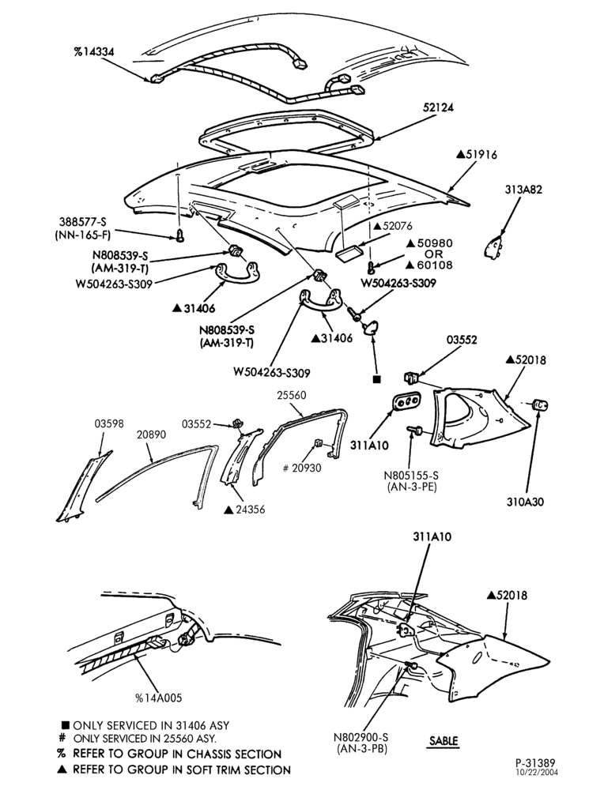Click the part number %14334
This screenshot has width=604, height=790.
(93, 51)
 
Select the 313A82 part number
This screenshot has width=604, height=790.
(524, 190)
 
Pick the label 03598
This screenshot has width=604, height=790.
(109, 423)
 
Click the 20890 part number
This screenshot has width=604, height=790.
(151, 434)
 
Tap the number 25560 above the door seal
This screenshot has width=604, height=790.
(292, 396)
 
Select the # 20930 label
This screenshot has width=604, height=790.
(302, 468)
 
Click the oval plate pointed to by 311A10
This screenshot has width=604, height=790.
(407, 401)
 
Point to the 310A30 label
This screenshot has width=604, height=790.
(526, 502)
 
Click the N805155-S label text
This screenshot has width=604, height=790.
(411, 475)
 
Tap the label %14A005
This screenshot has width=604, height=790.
(158, 698)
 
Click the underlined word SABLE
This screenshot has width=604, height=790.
(444, 741)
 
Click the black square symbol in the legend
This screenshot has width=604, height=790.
(65, 725)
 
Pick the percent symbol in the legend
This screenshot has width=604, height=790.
(62, 754)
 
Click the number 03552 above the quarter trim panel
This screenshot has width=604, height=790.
(462, 340)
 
